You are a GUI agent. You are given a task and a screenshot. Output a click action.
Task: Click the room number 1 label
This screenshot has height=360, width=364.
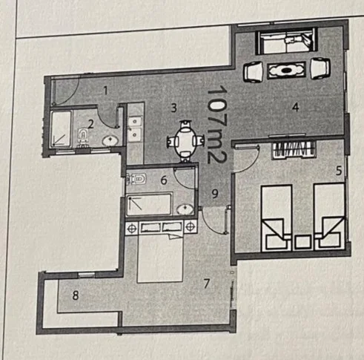pyautogui.click(x=105, y=91)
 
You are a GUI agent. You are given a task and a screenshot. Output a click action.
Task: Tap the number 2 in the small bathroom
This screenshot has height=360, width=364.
pyautogui.click(x=90, y=124)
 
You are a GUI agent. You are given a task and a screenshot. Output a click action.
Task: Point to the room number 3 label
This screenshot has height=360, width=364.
pyautogui.click(x=174, y=108)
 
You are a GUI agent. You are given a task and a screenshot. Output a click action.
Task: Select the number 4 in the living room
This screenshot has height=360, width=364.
pyautogui.click(x=296, y=107)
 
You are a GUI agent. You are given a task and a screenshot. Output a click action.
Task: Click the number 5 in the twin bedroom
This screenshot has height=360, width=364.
pyautogui.click(x=339, y=171)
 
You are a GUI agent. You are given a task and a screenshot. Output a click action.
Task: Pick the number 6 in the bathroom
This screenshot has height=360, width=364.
pyautogui.click(x=164, y=180)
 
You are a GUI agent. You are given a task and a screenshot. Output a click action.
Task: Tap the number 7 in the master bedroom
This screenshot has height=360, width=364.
pyautogui.click(x=207, y=284)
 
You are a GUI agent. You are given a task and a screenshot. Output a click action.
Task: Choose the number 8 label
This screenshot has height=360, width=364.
pyautogui.click(x=76, y=295)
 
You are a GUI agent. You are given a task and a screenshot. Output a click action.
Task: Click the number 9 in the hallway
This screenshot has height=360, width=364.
pyautogui.click(x=215, y=194)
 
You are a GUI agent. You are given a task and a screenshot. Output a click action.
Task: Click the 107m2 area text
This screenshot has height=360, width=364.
pyautogui.click(x=217, y=125)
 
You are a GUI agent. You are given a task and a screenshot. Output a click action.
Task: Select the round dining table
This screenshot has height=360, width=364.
pyautogui.click(x=185, y=141)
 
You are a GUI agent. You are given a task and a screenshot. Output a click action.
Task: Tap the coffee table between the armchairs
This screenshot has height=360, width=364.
pyautogui.click(x=286, y=71)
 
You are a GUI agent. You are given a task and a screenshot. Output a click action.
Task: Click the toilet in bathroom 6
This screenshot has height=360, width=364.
pyautogui.click(x=136, y=179)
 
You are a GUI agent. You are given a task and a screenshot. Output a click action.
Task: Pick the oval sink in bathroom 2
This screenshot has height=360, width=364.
pyautogui.click(x=110, y=141)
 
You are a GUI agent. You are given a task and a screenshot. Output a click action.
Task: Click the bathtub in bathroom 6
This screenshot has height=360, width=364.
pyautogui.click(x=149, y=204)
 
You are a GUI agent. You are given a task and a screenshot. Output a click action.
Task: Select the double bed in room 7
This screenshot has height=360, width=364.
pyautogui.click(x=160, y=258)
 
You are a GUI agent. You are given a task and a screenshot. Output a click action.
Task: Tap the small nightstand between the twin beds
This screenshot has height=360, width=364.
pyautogui.click(x=303, y=242)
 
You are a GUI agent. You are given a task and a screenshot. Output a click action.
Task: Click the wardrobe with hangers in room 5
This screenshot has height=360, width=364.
pyautogui.click(x=294, y=150)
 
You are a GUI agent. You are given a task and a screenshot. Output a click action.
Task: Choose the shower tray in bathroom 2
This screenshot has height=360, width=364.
pyautogui.click(x=61, y=128)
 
